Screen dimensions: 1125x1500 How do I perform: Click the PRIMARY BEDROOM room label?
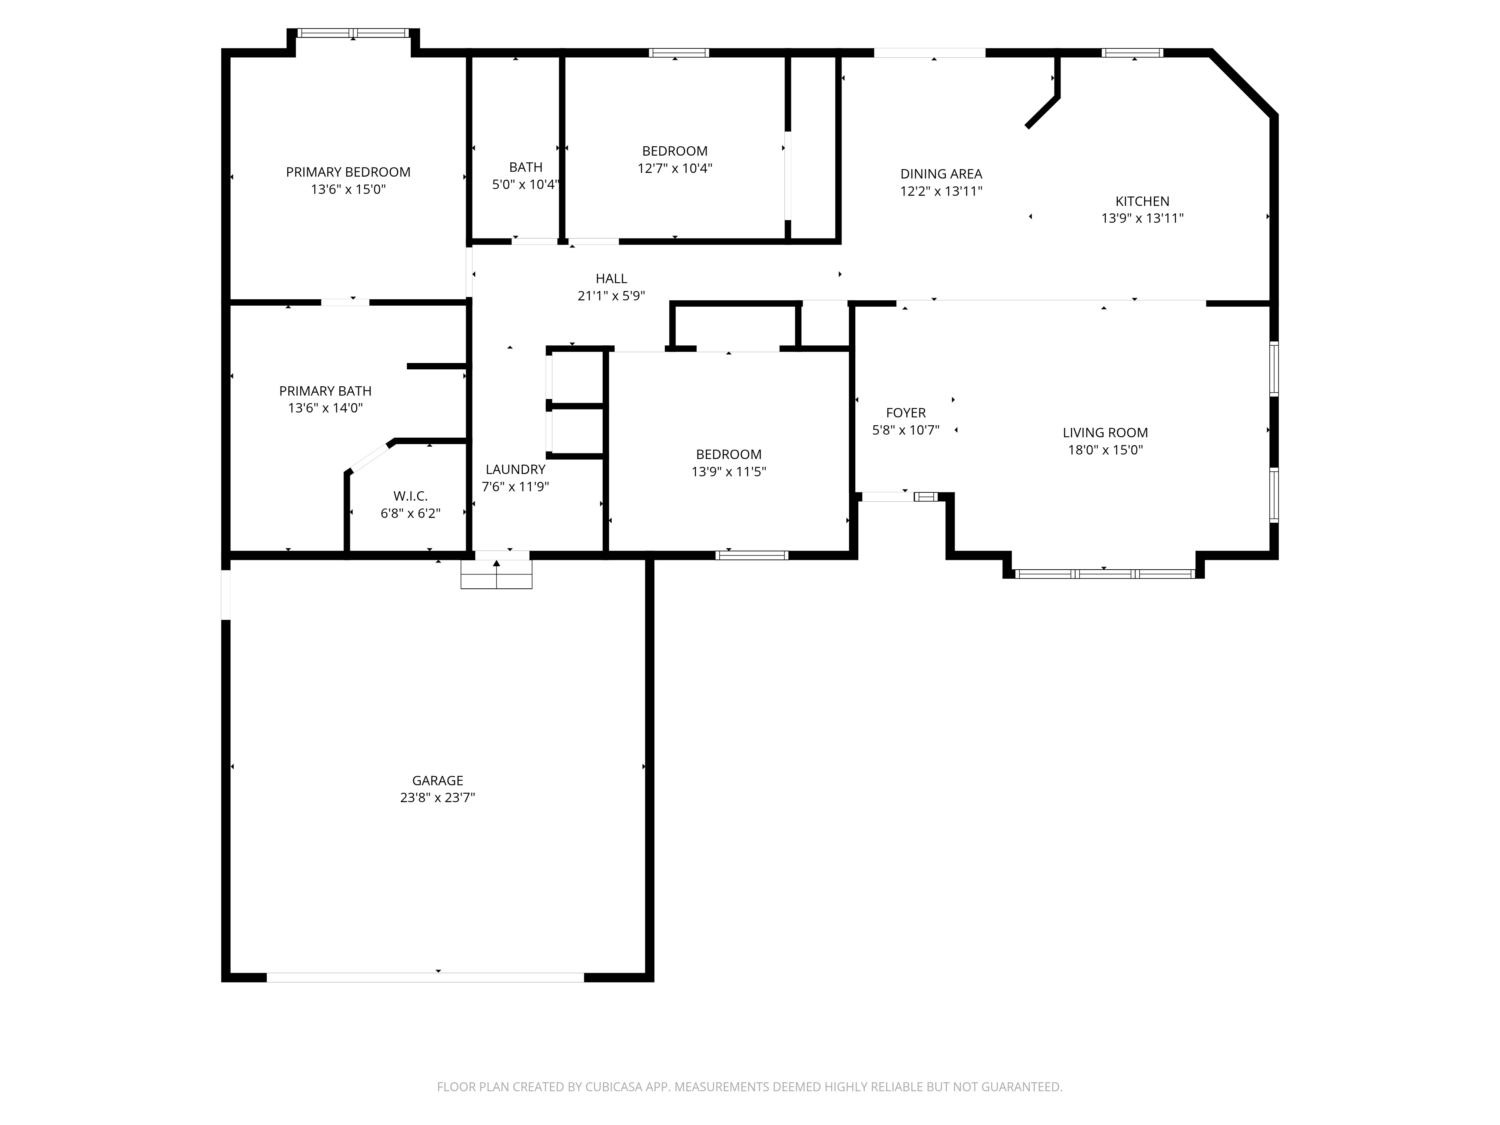pos(348,172)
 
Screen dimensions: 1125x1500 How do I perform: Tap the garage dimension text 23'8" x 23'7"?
pos(437,798)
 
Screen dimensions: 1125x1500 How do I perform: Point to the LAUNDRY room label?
pos(515,469)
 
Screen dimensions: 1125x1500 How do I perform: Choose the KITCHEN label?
pos(1142,201)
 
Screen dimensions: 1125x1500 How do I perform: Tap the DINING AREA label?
pos(940,174)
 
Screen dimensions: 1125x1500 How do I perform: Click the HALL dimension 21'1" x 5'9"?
pos(611,295)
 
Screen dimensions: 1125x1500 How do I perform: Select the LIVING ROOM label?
pos(1105,433)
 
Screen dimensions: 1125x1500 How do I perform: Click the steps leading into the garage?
pos(496,574)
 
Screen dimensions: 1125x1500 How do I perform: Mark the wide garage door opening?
pos(425,977)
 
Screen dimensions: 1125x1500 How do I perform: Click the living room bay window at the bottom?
pos(1105,574)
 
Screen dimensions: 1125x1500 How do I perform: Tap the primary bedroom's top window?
pos(353,33)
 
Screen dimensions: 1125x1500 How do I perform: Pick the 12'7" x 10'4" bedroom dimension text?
pos(675,168)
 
